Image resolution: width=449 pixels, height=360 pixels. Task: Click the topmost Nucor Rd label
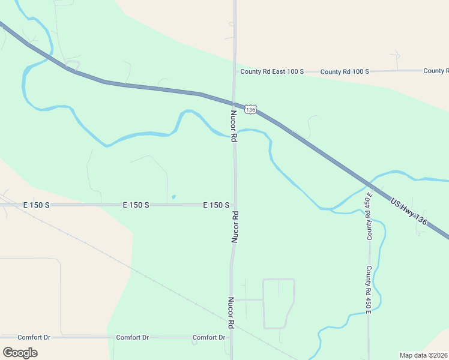tap(234, 125)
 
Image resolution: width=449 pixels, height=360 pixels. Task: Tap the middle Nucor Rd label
tap(235, 226)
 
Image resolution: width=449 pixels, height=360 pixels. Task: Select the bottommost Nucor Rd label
tap(231, 313)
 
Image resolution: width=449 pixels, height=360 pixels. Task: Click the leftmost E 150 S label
tap(36, 205)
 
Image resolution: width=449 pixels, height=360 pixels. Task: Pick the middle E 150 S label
tap(136, 205)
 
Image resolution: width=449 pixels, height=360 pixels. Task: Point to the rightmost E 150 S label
tap(216, 205)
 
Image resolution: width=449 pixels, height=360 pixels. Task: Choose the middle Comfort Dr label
tap(132, 337)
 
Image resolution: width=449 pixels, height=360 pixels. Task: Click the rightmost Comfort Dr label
tap(209, 337)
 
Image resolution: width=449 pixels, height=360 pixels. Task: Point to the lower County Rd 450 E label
tap(369, 289)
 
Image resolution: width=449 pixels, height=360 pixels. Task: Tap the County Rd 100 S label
tap(345, 71)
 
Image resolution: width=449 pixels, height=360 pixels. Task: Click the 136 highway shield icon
tap(250, 109)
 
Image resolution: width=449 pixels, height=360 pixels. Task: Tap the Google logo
tap(20, 353)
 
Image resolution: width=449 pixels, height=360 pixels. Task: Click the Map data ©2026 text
tap(423, 355)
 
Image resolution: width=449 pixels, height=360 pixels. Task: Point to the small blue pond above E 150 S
tap(173, 197)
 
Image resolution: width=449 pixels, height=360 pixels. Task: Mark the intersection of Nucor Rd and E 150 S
tap(235, 205)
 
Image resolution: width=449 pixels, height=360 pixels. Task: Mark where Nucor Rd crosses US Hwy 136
tap(235, 103)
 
